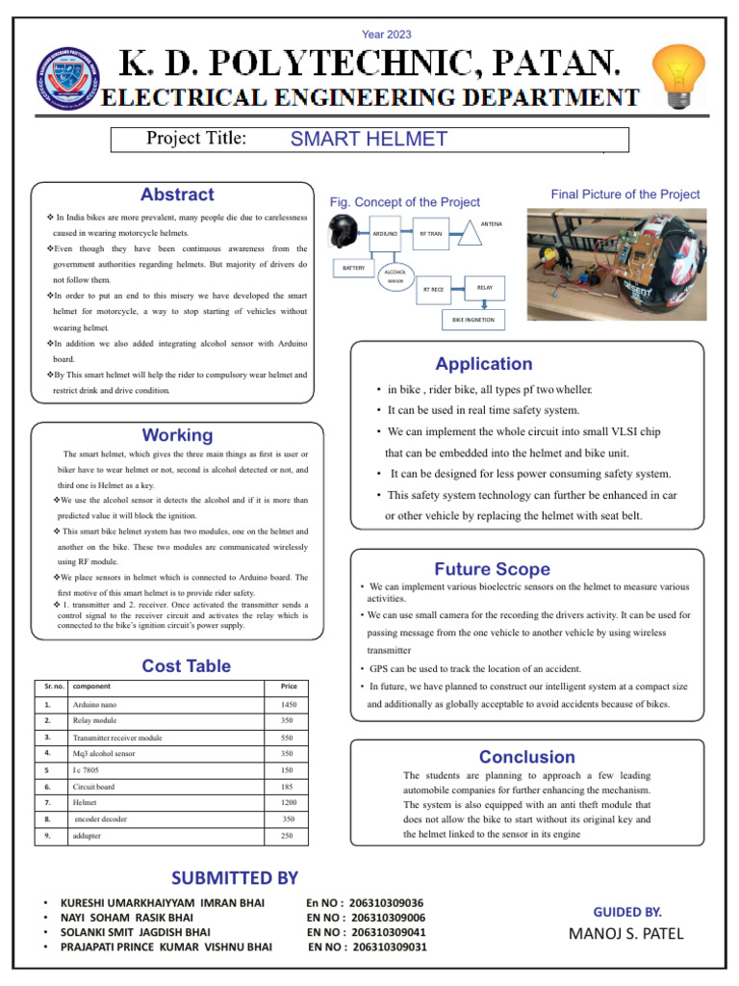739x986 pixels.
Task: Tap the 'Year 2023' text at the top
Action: point(386,35)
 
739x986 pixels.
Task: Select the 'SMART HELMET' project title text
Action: point(369,139)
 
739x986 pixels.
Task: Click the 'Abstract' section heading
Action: point(177,195)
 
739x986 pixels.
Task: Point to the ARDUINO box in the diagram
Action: point(385,234)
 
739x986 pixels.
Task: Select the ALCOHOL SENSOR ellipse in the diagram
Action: point(395,276)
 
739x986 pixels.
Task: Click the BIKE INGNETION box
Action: point(473,318)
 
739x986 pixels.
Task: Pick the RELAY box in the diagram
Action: point(484,287)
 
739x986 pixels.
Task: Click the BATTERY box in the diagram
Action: point(354,268)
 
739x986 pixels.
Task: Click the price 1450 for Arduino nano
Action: point(287,706)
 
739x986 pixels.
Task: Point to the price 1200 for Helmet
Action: point(287,802)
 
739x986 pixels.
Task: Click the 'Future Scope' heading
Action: point(492,569)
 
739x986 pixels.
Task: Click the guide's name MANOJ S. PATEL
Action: point(626,933)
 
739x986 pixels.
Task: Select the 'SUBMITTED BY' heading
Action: point(235,877)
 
